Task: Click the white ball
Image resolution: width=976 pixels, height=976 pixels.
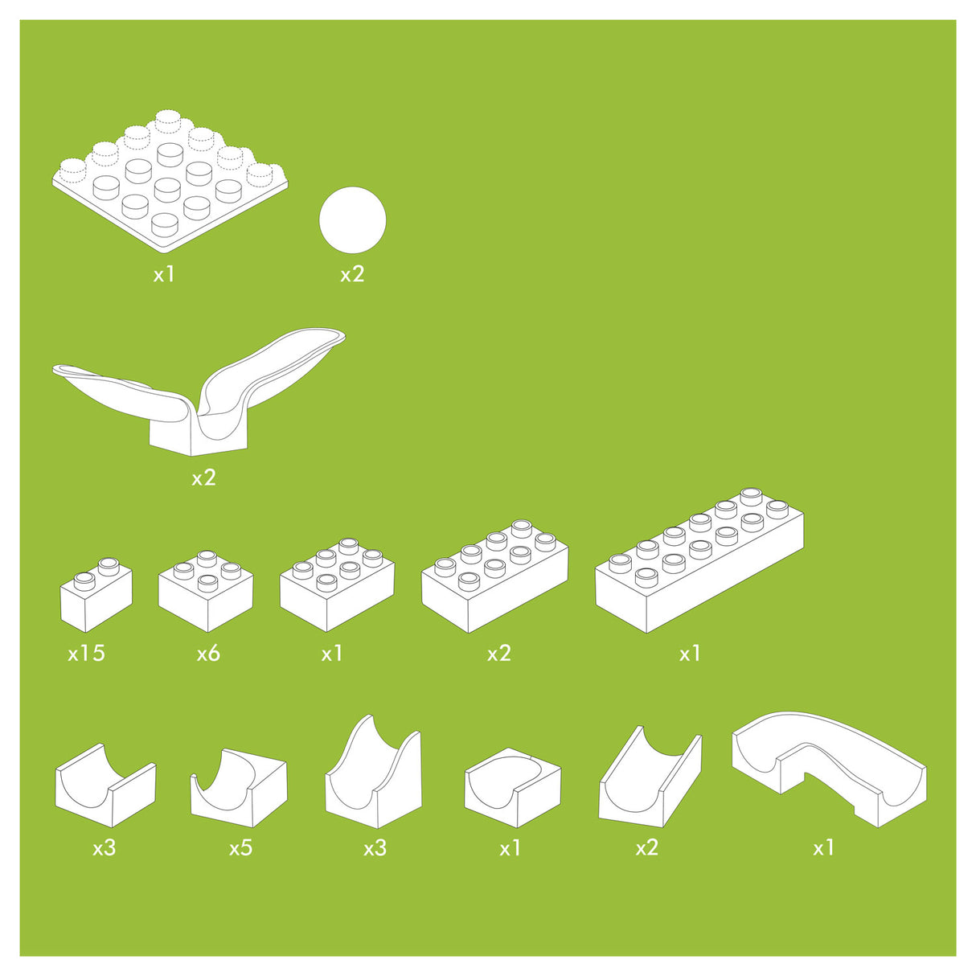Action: (352, 219)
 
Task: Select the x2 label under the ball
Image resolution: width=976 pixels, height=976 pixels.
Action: (352, 274)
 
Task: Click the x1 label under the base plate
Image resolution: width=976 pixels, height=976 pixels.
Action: (164, 274)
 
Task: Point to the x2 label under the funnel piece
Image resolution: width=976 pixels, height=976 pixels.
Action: (203, 478)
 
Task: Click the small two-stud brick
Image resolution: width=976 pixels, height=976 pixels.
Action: (96, 595)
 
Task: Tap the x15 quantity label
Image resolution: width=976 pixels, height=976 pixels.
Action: (87, 654)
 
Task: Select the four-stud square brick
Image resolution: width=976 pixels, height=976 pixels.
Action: (206, 591)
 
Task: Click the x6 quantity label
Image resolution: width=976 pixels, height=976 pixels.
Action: (209, 654)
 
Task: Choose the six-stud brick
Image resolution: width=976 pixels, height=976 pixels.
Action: (338, 585)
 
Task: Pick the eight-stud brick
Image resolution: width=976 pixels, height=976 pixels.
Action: (495, 576)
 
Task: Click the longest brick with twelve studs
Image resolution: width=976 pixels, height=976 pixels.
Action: (699, 560)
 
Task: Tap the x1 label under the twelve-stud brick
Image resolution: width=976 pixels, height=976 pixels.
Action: (690, 654)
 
